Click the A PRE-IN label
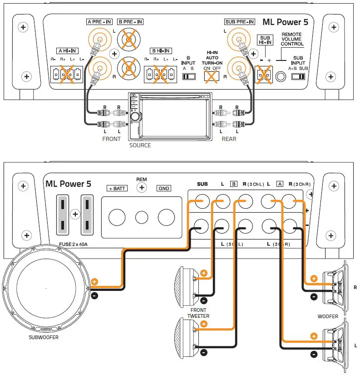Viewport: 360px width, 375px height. pyautogui.click(x=99, y=22)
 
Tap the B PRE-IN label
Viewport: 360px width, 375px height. pyautogui.click(x=130, y=22)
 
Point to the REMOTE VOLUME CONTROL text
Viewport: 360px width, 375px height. pyautogui.click(x=291, y=40)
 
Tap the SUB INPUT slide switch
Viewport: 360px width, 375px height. pyautogui.click(x=298, y=77)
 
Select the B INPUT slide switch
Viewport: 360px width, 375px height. pyautogui.click(x=188, y=76)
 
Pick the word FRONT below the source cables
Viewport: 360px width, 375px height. pyautogui.click(x=111, y=139)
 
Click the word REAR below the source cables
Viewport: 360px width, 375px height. pyautogui.click(x=229, y=139)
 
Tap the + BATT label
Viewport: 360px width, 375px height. pyautogui.click(x=117, y=188)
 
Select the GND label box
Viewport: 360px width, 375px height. pyautogui.click(x=164, y=188)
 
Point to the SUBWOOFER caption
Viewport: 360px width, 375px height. pyautogui.click(x=44, y=337)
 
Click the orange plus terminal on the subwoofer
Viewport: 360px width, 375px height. pyautogui.click(x=94, y=281)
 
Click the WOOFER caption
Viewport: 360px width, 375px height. pyautogui.click(x=327, y=316)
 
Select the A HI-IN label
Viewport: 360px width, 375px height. pyautogui.click(x=68, y=50)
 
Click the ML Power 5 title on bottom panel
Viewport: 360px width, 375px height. pyautogui.click(x=68, y=184)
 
